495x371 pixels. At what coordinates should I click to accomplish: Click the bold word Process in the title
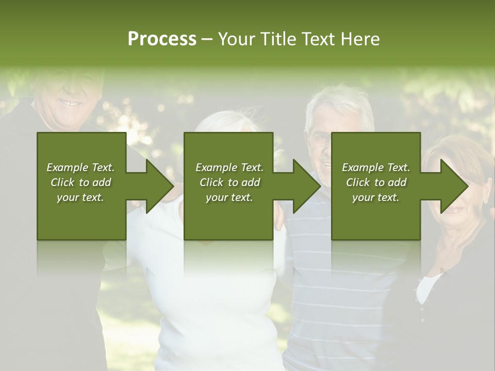click(x=162, y=39)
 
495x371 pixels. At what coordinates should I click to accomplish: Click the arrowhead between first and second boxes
click(x=159, y=186)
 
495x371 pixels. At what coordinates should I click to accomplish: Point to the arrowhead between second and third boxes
click(x=306, y=186)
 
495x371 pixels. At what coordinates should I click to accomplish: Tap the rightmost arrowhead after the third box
click(x=454, y=186)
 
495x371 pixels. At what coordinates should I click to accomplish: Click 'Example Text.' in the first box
click(x=80, y=167)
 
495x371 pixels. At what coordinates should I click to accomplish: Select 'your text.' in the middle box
click(x=229, y=197)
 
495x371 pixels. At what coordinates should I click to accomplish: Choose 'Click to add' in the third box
click(x=376, y=182)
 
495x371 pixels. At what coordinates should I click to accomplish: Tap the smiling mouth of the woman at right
click(x=453, y=209)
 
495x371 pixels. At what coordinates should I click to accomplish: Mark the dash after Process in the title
click(x=207, y=39)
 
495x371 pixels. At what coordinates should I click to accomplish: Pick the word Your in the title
click(x=237, y=39)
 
